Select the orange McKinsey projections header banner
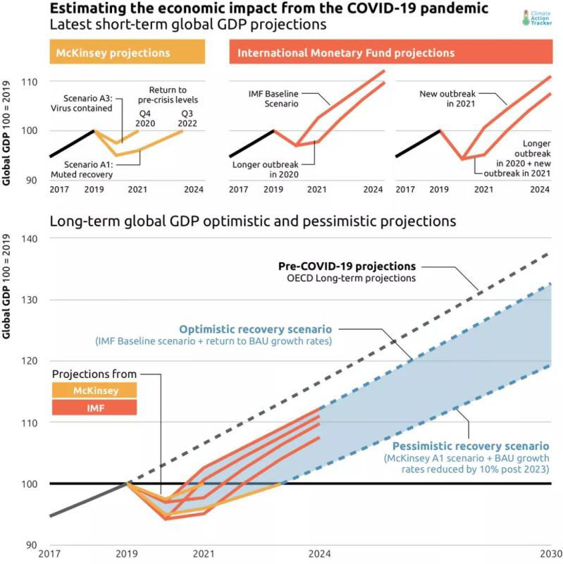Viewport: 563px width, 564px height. [x=125, y=53]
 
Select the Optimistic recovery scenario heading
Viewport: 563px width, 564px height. [x=255, y=329]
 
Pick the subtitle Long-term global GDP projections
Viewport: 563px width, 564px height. [x=253, y=221]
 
